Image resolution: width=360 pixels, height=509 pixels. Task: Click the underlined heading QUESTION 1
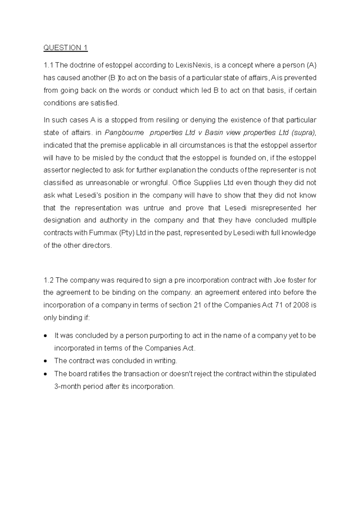(65, 48)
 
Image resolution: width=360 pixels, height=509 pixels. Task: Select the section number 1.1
(48, 65)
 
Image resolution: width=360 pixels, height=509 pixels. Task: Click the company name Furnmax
(103, 233)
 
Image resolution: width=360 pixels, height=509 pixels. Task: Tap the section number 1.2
(48, 280)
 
